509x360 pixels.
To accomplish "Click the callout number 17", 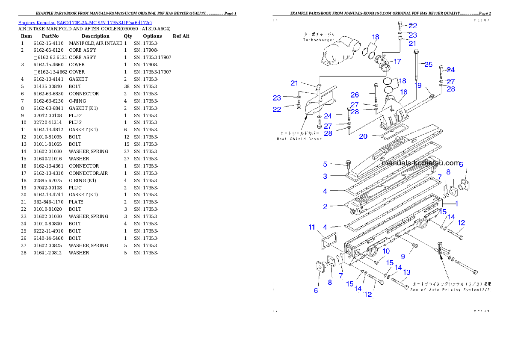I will click(x=397, y=62).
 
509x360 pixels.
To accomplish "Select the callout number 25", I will click(x=428, y=65).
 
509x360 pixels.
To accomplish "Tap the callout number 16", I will click(x=403, y=92).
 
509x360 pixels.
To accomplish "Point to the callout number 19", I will click(x=418, y=86).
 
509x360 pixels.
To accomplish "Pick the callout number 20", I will click(x=363, y=136).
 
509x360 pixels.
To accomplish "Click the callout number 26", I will click(x=355, y=94).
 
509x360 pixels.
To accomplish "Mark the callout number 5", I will click(x=325, y=164).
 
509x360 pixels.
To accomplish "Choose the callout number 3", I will click(x=325, y=176).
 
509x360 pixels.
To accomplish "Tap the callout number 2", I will click(x=325, y=207).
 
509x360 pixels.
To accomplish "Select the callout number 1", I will click(x=456, y=204).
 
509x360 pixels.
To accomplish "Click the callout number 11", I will click(x=312, y=227).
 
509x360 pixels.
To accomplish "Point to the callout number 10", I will click(x=386, y=251).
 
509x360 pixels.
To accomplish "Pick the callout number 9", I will click(x=402, y=257).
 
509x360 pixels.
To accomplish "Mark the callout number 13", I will click(x=406, y=272).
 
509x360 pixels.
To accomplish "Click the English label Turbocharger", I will click(x=319, y=40).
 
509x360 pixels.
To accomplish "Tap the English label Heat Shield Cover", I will click(x=299, y=139).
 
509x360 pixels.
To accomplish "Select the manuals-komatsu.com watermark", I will click(x=421, y=163).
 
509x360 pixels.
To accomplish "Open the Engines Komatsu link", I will click(x=37, y=23).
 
